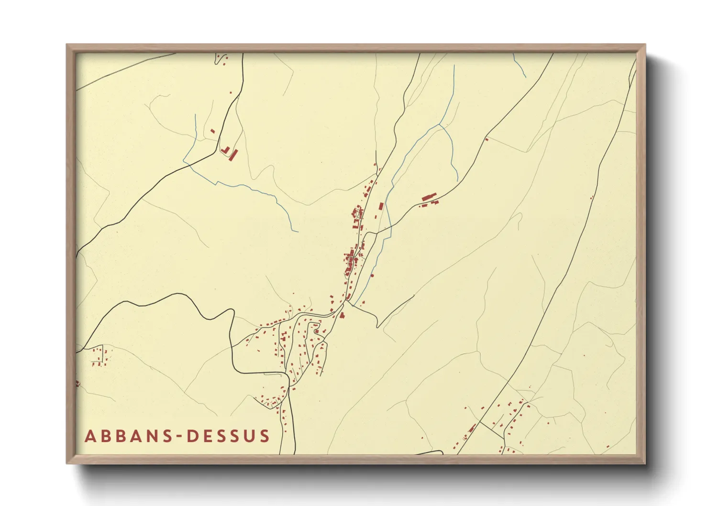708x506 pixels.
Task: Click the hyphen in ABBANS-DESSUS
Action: point(178,436)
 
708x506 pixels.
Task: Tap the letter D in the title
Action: point(191,436)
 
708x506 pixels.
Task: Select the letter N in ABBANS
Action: point(146,436)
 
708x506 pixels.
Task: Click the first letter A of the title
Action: point(90,436)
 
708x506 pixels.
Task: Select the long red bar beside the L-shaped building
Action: point(233,155)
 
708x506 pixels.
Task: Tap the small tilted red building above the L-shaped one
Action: point(213,131)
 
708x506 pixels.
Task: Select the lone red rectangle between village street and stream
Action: point(381,206)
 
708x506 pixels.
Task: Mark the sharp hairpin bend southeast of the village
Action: point(377,327)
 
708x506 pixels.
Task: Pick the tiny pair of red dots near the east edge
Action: point(591,198)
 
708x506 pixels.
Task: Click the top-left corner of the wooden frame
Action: point(67,44)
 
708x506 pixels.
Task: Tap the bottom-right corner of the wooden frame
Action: point(645,463)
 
